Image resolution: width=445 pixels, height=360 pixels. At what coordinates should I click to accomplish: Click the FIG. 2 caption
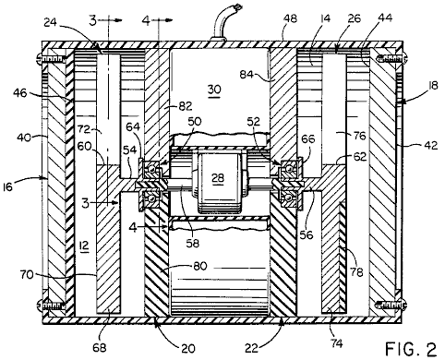(411, 349)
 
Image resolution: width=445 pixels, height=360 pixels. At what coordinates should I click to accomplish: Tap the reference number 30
(214, 90)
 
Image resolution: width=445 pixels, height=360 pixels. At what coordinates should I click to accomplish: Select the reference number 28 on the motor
(218, 178)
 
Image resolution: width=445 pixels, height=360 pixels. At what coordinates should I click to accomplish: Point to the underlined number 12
(84, 246)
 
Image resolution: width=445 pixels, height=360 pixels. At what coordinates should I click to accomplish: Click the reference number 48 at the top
(290, 18)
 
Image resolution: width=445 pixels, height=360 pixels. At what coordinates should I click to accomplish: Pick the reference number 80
(200, 266)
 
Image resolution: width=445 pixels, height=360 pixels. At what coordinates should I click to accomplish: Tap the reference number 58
(193, 243)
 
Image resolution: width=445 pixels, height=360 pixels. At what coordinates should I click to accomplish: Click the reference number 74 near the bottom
(337, 342)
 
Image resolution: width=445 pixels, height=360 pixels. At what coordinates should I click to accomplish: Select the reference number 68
(100, 347)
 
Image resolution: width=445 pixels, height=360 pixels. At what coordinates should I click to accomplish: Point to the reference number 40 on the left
(24, 138)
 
